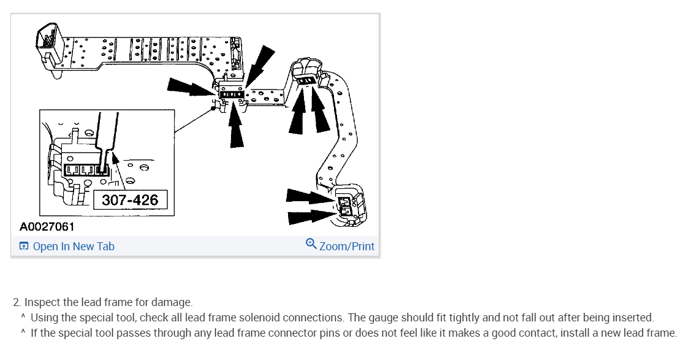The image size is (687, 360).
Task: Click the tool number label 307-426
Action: tap(130, 200)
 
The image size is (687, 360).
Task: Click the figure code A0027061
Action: tap(47, 227)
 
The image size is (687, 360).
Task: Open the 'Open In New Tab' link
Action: tap(74, 247)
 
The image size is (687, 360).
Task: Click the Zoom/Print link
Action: tap(347, 247)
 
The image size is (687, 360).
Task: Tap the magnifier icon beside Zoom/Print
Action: tap(311, 243)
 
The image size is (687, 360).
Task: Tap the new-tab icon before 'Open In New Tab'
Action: tap(24, 246)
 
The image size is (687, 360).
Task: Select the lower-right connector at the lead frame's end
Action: tap(349, 205)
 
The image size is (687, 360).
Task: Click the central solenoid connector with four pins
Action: tap(231, 94)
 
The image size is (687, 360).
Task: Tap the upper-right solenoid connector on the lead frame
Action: tap(306, 80)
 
